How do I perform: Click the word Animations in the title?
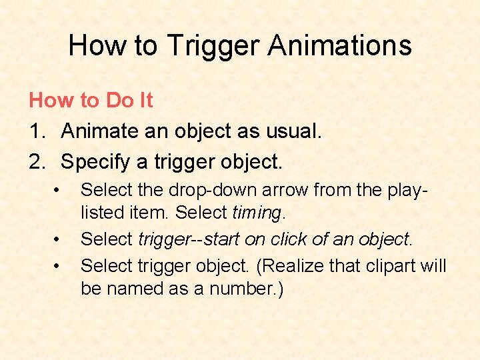(x=340, y=45)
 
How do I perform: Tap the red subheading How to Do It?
(x=91, y=101)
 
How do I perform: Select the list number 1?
(x=36, y=131)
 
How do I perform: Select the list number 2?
(x=36, y=161)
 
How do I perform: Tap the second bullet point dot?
(x=60, y=238)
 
